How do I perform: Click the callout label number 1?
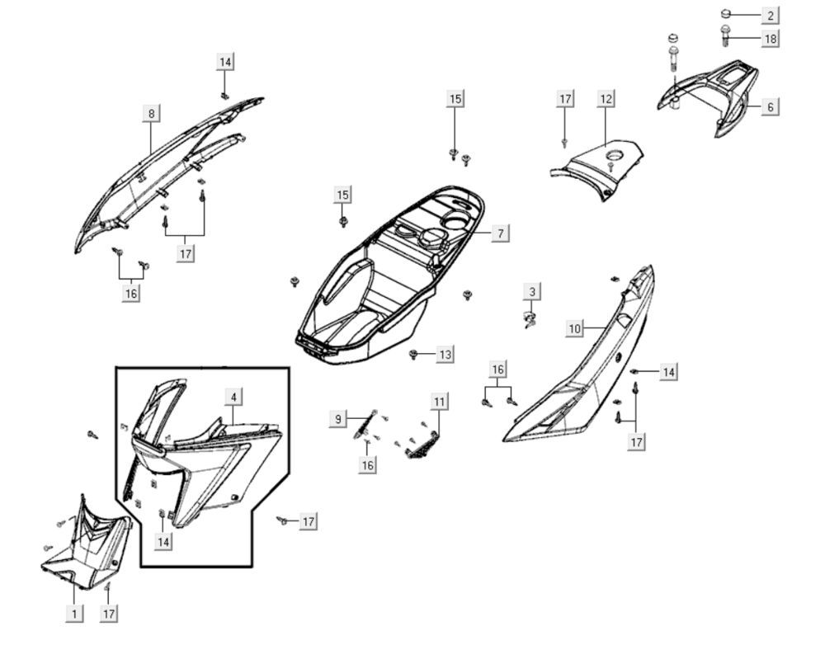pyautogui.click(x=74, y=613)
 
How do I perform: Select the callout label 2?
pyautogui.click(x=770, y=15)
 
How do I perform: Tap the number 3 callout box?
pyautogui.click(x=533, y=291)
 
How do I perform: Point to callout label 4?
pyautogui.click(x=233, y=397)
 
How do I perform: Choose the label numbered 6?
pyautogui.click(x=770, y=106)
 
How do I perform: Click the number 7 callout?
pyautogui.click(x=500, y=233)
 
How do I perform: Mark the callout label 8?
pyautogui.click(x=151, y=113)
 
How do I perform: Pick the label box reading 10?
pyautogui.click(x=574, y=328)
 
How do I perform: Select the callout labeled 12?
pyautogui.click(x=606, y=99)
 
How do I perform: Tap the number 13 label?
pyautogui.click(x=445, y=355)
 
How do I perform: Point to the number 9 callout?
pyautogui.click(x=338, y=420)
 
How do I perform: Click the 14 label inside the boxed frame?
pyautogui.click(x=164, y=541)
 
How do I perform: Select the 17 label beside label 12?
pyautogui.click(x=565, y=99)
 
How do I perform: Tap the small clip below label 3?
pyautogui.click(x=529, y=318)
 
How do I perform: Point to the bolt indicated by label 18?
pyautogui.click(x=725, y=35)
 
